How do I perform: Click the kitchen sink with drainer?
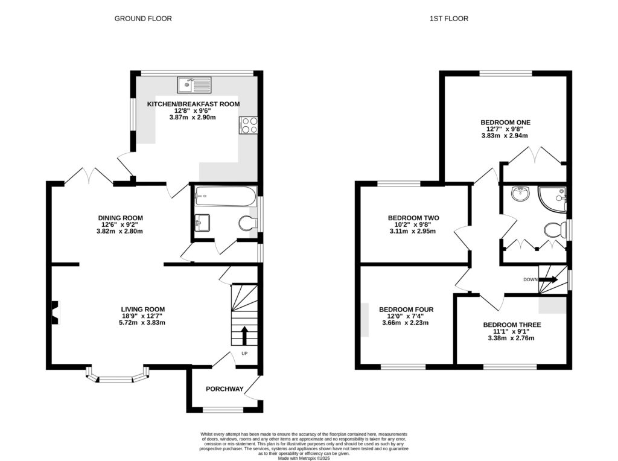194,84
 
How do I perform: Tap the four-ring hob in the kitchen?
248,124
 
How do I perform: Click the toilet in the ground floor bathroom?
246,224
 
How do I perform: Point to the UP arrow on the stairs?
244,334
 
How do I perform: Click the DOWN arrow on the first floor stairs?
549,280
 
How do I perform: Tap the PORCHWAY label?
225,389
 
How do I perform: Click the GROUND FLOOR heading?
143,19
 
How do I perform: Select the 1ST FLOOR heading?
448,19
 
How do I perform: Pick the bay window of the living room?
117,377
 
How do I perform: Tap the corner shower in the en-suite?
552,199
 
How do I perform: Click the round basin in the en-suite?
518,194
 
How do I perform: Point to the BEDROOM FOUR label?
406,310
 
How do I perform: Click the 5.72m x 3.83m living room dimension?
142,323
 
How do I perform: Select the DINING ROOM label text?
121,218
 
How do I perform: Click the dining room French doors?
87,176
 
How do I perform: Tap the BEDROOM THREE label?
512,325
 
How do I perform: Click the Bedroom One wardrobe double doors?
535,154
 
